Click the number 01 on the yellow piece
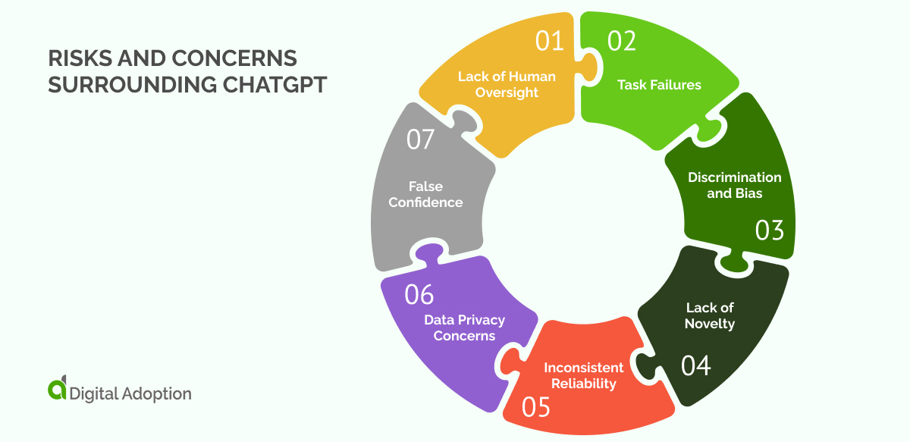click(x=551, y=40)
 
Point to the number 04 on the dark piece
click(x=696, y=365)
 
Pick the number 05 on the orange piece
click(x=535, y=408)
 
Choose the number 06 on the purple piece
click(x=419, y=294)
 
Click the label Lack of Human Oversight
click(x=507, y=85)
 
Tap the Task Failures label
click(x=659, y=85)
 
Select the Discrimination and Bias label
click(x=734, y=185)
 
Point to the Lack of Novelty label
click(x=711, y=315)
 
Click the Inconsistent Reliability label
click(x=584, y=375)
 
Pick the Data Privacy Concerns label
click(x=464, y=328)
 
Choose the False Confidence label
click(x=426, y=194)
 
